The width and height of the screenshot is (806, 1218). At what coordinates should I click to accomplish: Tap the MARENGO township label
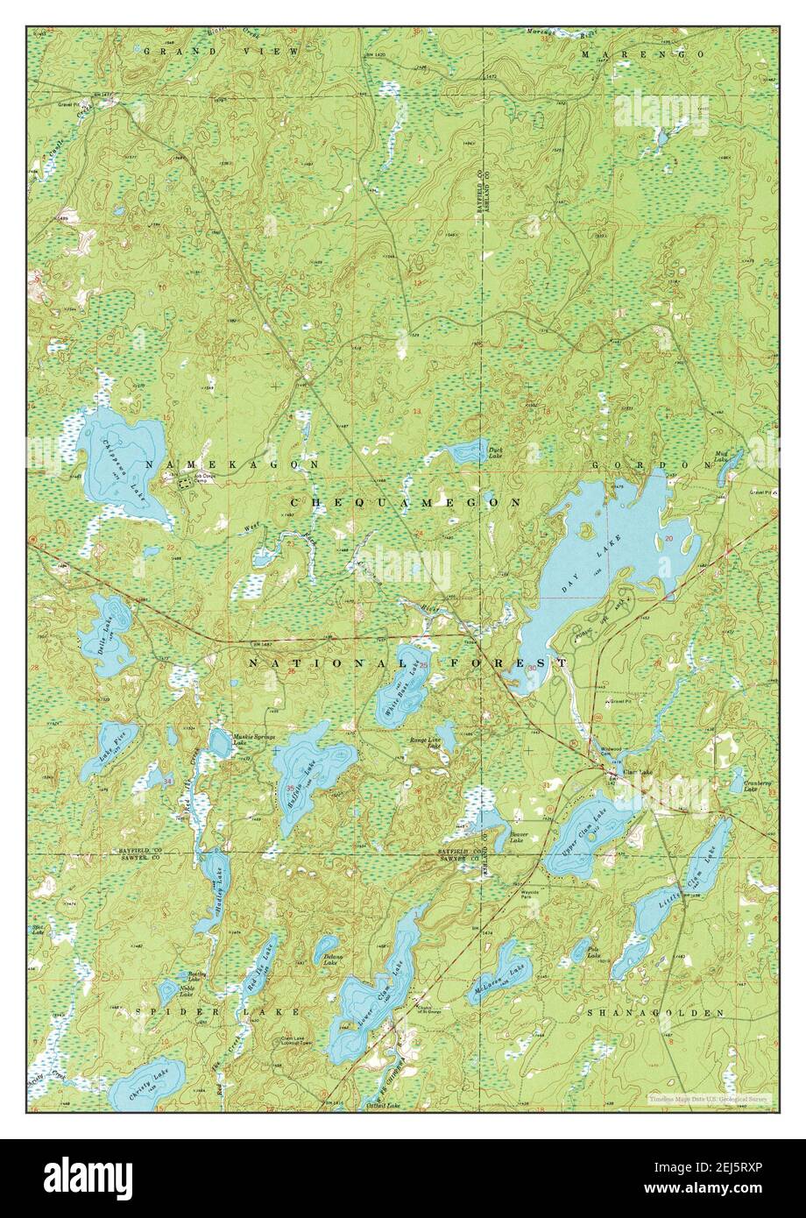point(643,54)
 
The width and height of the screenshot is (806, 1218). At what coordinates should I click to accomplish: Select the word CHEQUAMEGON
point(404,502)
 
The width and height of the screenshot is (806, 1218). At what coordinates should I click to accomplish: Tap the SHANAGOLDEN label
point(656,1012)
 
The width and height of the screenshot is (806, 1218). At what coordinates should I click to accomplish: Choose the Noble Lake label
point(187,988)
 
